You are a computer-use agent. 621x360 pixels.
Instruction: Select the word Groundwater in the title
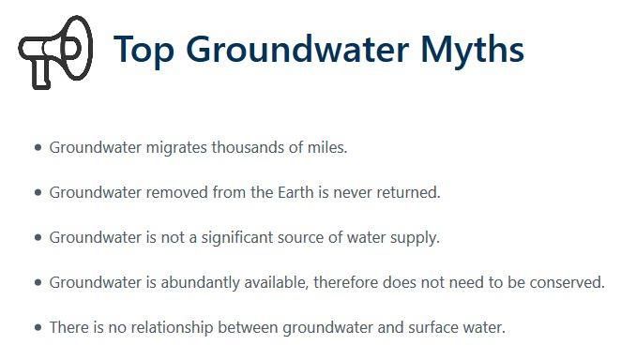click(297, 49)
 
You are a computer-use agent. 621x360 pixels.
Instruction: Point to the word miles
click(327, 147)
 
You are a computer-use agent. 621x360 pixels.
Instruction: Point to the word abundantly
click(200, 283)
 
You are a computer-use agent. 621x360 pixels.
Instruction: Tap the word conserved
click(568, 283)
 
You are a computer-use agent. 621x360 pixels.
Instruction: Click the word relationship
click(173, 328)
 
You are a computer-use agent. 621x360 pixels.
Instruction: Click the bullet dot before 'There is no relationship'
click(38, 327)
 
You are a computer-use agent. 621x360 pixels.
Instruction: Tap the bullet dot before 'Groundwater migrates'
click(38, 148)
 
